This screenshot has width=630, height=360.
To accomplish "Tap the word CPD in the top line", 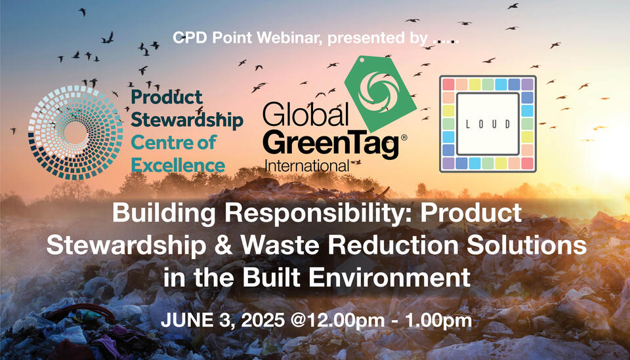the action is point(190,38).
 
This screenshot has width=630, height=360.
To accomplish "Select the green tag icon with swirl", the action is point(380,94).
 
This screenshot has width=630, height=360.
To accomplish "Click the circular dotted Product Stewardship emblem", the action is point(75,132).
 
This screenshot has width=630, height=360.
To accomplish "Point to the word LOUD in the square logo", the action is point(488,124).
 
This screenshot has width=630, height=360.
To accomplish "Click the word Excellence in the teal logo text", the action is point(178,165).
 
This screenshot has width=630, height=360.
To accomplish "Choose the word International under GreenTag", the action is point(306,166).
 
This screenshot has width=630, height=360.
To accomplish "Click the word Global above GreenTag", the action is point(305,114).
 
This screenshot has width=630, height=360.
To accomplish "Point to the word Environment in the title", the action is point(389,277).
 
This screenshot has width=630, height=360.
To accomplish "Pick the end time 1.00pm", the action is point(438,321).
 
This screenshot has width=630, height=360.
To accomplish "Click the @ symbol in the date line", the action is point(299,321).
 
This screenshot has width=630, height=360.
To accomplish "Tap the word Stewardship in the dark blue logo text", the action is point(187,121).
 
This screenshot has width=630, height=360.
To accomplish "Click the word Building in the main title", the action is point(165,213).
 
